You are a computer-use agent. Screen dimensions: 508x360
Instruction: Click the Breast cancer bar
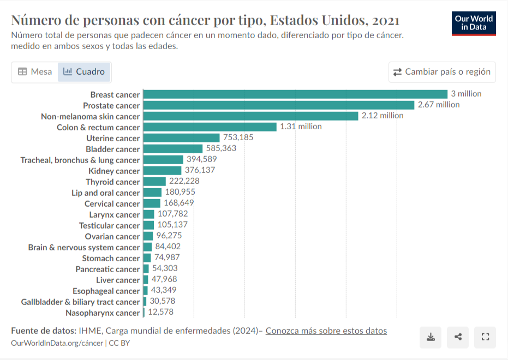click(295, 94)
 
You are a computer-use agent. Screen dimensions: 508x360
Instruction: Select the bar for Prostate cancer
click(279, 105)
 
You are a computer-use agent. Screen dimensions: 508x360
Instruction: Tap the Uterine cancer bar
click(181, 138)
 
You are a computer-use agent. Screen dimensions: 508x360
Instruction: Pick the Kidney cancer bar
click(162, 171)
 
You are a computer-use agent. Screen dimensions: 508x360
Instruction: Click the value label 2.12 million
click(383, 116)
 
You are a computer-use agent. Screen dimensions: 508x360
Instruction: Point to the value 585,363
click(222, 148)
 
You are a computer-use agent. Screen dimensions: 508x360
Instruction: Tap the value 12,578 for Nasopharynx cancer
click(160, 312)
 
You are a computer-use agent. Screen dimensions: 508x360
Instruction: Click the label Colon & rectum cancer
click(98, 128)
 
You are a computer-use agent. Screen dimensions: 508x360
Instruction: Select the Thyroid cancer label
click(113, 182)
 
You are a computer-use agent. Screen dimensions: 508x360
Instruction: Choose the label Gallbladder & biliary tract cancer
click(80, 302)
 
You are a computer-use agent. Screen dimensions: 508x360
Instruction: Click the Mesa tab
click(35, 72)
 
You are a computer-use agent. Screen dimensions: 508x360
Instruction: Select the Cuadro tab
click(84, 72)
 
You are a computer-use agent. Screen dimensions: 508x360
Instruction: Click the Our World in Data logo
click(474, 23)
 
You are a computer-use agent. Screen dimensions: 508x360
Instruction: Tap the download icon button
click(431, 337)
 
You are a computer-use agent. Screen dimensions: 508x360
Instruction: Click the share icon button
click(458, 337)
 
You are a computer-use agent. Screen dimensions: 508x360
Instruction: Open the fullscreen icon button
click(485, 337)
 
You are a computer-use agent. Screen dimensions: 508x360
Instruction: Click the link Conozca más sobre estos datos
click(326, 331)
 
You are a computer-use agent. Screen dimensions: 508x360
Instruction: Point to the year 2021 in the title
click(386, 20)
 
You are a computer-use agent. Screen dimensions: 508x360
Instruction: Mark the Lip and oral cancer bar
click(152, 193)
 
